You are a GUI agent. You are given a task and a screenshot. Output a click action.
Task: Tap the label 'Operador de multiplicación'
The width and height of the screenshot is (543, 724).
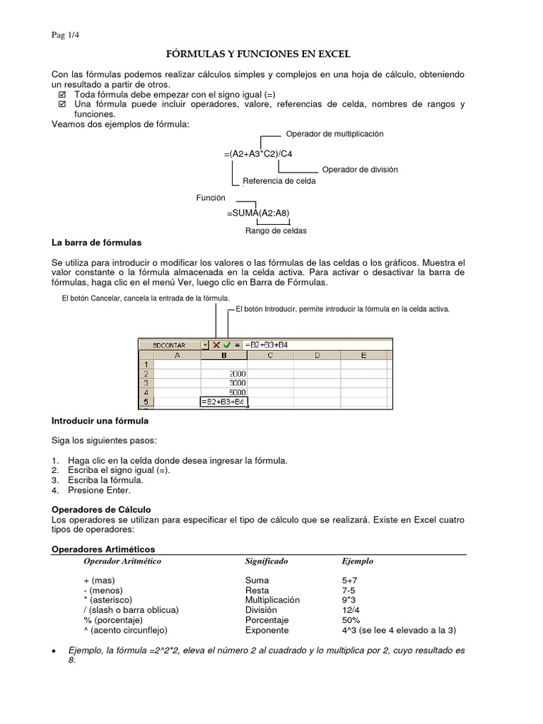pos(334,134)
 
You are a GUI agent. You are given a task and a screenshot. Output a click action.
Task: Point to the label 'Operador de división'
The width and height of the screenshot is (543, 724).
pos(360,170)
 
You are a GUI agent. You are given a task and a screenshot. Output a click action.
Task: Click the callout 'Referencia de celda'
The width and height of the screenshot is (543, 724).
pos(279,181)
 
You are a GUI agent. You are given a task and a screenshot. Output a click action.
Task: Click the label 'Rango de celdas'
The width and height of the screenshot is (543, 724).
pos(276,230)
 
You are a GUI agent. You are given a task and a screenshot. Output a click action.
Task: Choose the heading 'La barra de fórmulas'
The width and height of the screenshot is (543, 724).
pos(97,243)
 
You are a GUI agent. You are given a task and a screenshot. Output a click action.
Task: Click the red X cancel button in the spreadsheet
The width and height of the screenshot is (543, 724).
pos(216,345)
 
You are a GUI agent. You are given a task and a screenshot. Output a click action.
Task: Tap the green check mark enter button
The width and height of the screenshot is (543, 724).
pos(227,345)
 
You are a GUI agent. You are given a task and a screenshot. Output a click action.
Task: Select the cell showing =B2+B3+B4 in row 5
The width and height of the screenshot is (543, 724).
pos(223,402)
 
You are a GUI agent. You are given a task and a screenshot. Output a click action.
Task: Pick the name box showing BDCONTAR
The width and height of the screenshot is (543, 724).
pos(170,345)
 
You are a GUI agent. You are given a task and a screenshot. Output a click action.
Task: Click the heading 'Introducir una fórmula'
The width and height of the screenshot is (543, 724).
pos(100,421)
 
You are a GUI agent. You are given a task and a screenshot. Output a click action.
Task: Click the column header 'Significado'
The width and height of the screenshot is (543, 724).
pos(266,561)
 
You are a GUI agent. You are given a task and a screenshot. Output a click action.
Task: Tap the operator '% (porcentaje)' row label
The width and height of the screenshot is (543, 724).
pos(117,619)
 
